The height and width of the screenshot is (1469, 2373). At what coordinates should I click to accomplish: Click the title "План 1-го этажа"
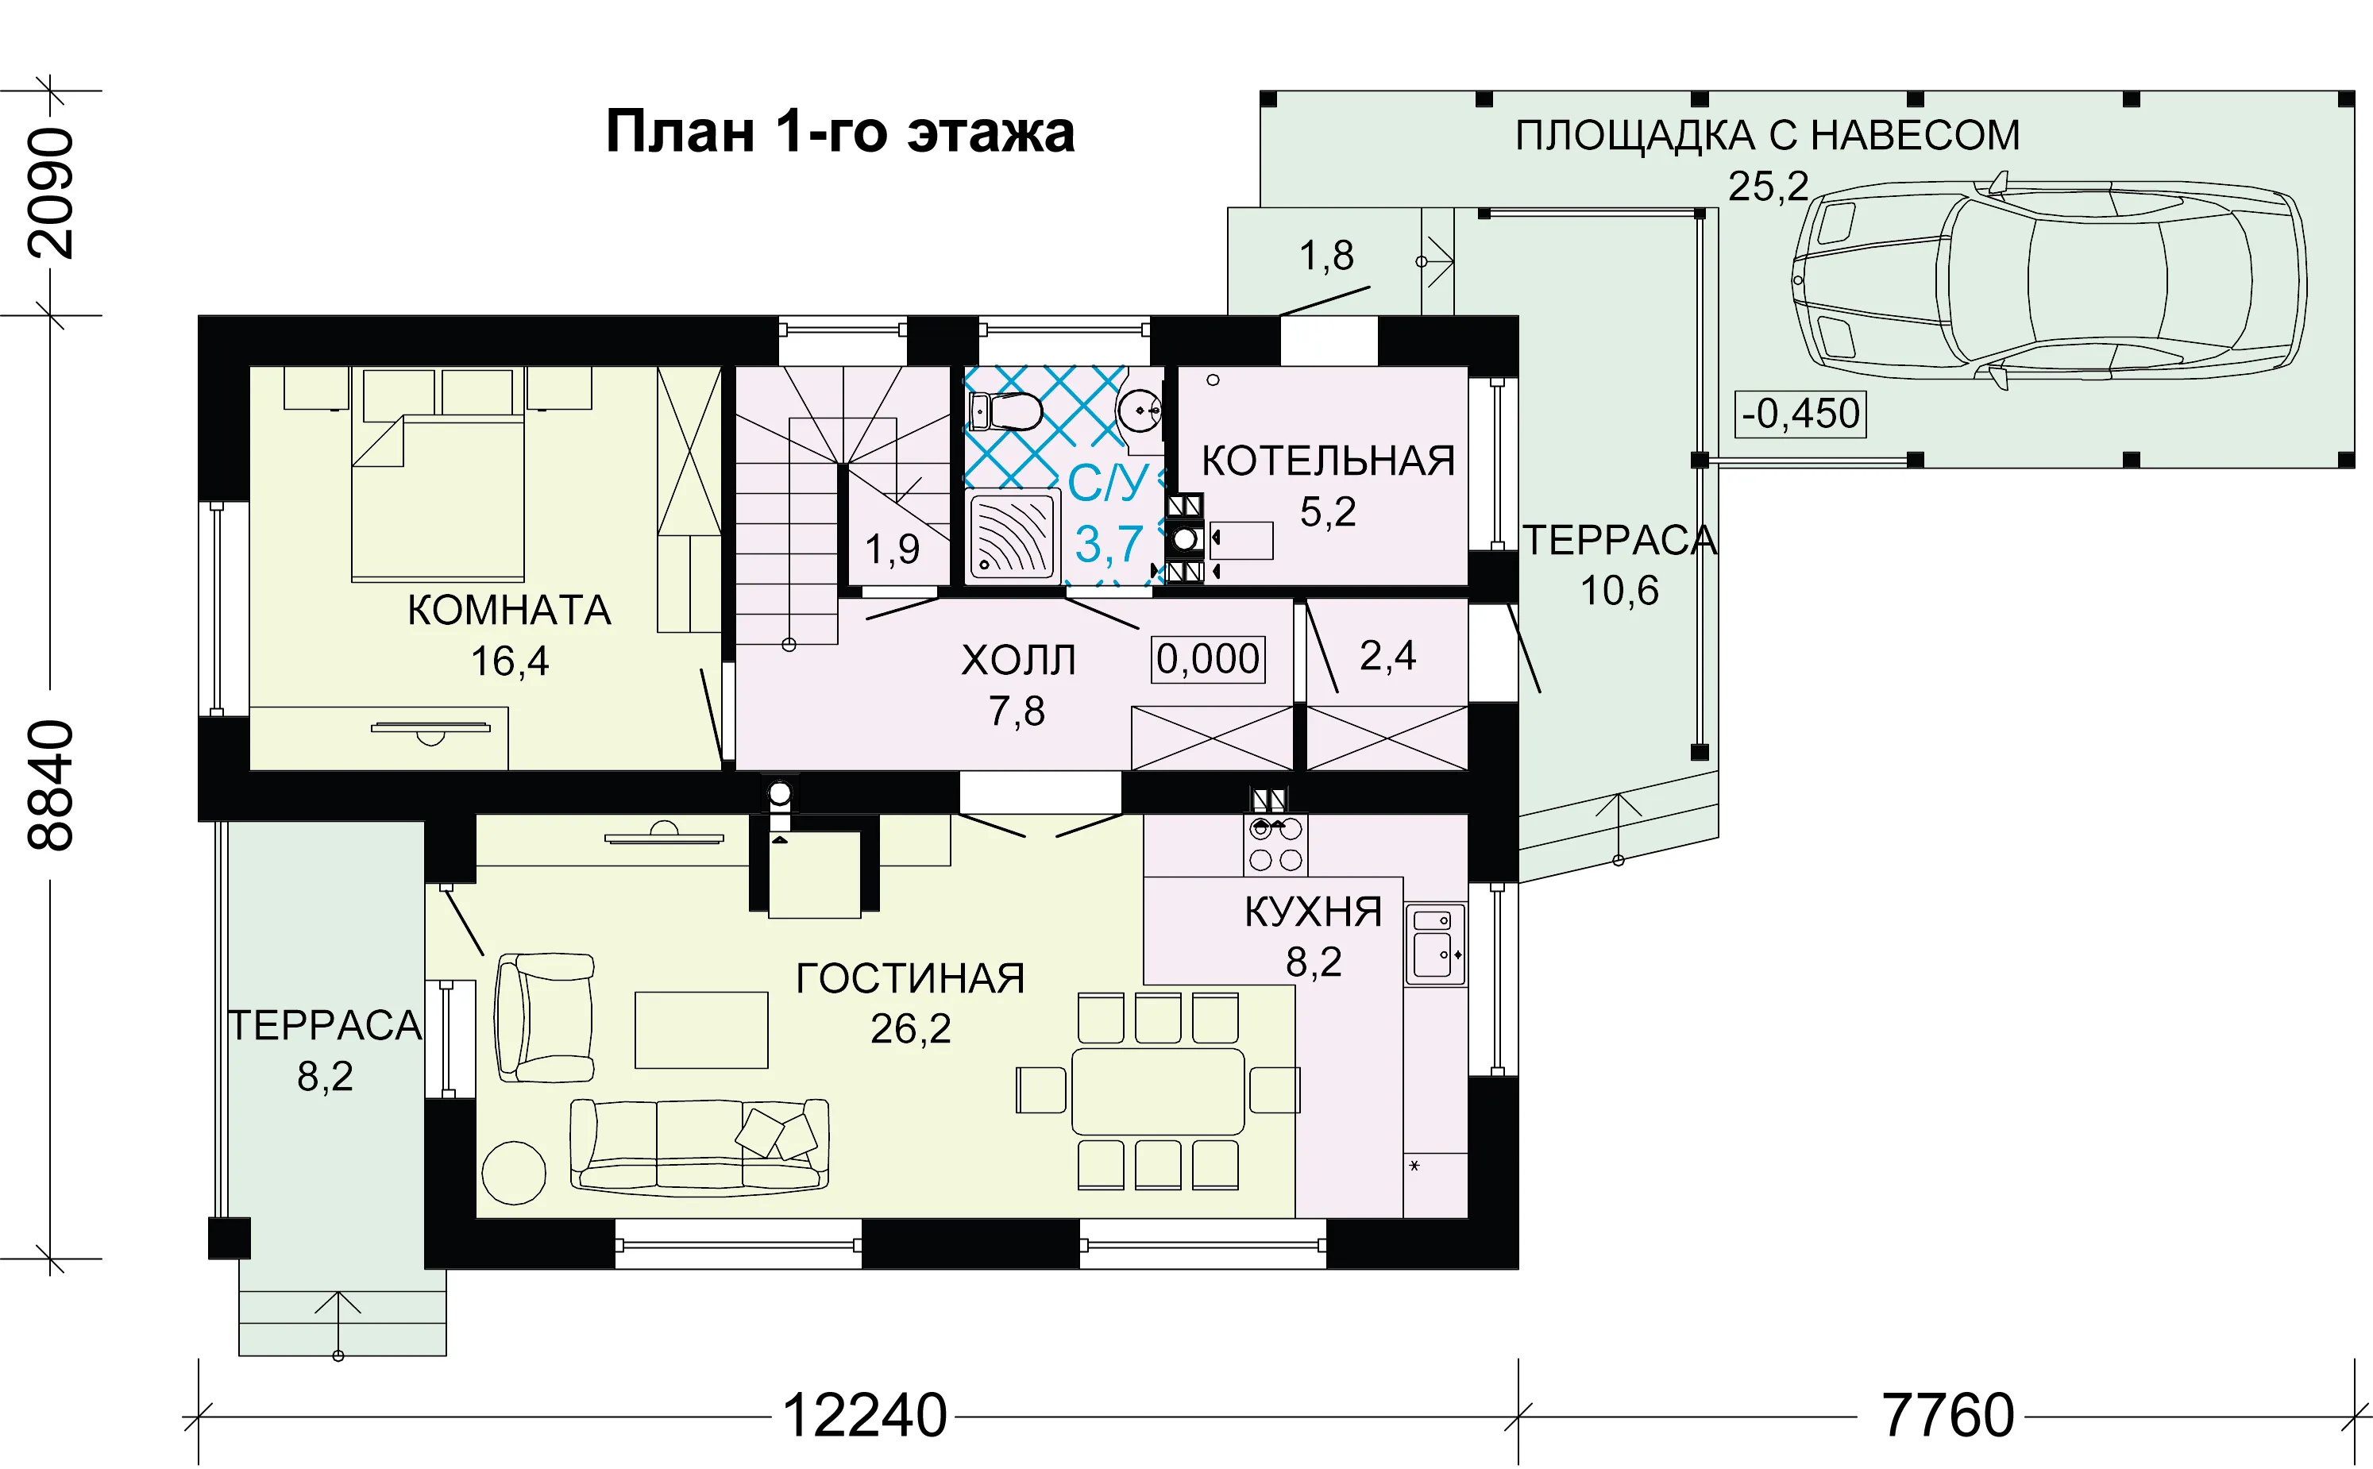[x=840, y=131]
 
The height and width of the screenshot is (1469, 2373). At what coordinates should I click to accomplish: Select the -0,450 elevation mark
[x=1800, y=414]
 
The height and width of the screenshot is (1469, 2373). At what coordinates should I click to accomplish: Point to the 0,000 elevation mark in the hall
[x=1208, y=659]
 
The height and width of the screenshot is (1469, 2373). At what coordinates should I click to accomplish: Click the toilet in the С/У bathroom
[x=1005, y=412]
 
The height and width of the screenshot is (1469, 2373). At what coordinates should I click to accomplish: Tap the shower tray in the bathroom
[x=1012, y=535]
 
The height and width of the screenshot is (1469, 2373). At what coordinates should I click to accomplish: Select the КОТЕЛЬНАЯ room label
[x=1329, y=461]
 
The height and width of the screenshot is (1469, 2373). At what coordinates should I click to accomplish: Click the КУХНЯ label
[x=1313, y=912]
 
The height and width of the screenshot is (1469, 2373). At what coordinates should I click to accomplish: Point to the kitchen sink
[x=1434, y=943]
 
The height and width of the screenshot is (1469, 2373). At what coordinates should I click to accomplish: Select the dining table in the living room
[x=1157, y=1091]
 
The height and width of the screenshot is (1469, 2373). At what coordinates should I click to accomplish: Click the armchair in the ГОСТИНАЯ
[x=544, y=1017]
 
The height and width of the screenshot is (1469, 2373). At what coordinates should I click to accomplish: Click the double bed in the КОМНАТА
[x=438, y=497]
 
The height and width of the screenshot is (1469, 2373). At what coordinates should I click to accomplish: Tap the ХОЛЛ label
[x=1018, y=661]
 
